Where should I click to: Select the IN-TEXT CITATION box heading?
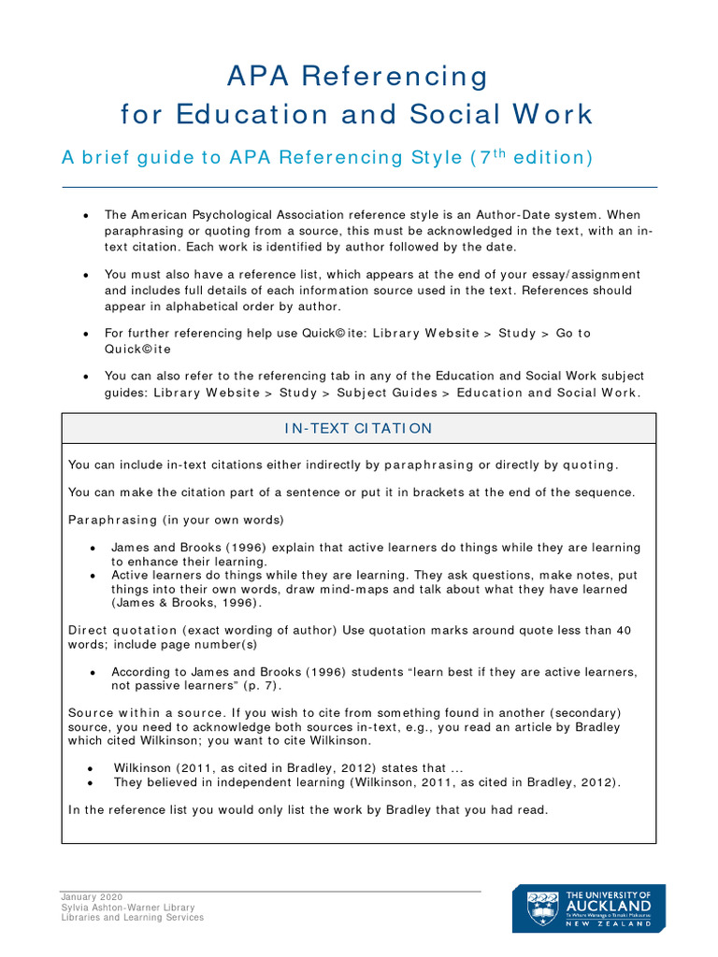tap(358, 428)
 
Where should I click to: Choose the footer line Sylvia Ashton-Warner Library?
tap(128, 907)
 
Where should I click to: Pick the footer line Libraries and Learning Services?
tap(133, 918)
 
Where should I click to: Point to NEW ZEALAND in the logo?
tap(609, 923)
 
